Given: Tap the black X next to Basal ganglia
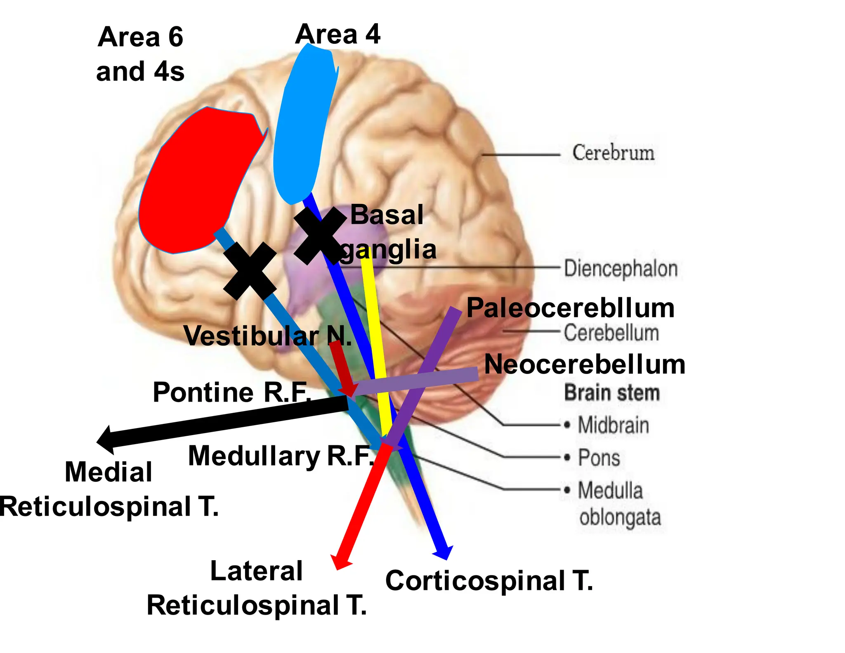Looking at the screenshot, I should click(320, 235).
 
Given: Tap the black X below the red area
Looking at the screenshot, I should click(250, 271).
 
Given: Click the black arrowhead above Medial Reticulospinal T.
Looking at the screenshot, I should click(106, 440).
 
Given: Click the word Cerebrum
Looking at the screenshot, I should click(613, 153).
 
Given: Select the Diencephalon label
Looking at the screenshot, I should click(621, 269).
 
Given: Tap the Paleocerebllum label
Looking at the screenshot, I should click(570, 308).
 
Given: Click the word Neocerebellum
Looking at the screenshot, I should click(584, 365).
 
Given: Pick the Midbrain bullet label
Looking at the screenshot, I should click(613, 425).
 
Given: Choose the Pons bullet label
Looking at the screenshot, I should click(598, 458).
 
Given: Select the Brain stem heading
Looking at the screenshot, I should click(611, 393).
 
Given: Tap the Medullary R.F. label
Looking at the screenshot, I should click(281, 456).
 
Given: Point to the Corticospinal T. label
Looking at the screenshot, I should click(489, 581).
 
